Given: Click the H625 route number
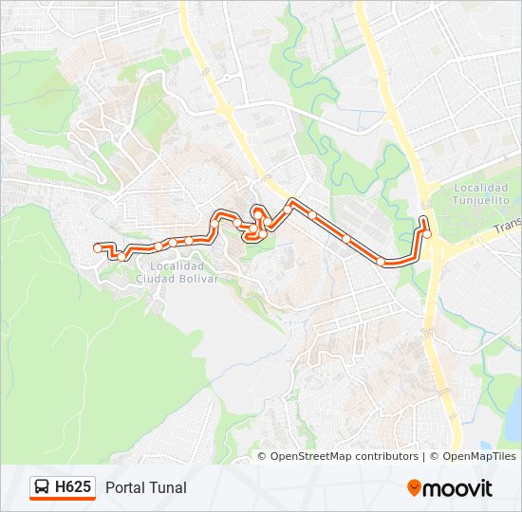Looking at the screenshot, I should point(73,487).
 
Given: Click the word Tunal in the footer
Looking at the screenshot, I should point(168,487).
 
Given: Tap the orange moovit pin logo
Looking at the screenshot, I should point(415,488).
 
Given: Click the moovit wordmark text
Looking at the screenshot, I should point(458,488).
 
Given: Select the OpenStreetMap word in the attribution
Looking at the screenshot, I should point(310,456).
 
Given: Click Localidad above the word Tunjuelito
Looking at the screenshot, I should point(481,189).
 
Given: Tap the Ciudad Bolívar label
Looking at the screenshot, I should point(177,279).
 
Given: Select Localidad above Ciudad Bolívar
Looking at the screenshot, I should point(177,267).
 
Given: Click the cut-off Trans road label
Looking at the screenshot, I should point(508,227).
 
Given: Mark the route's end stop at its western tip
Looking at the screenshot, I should point(97,247).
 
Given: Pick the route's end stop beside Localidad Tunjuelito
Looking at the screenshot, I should point(427,233).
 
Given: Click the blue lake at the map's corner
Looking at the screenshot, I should point(507,417).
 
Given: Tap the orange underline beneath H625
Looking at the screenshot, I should point(63,499).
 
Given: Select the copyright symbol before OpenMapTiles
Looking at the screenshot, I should point(433,456).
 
